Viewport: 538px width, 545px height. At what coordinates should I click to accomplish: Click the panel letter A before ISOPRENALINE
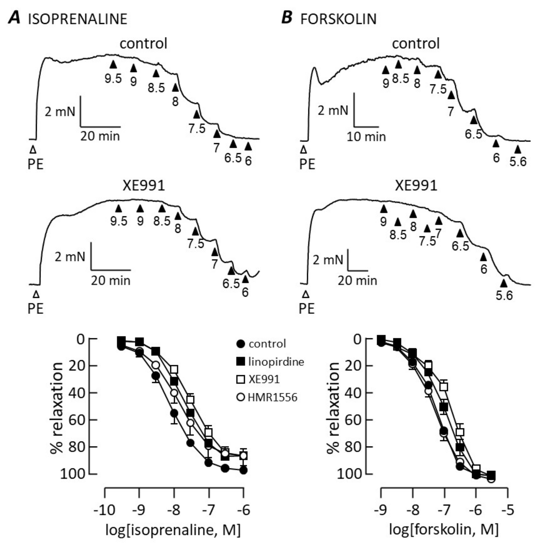[14, 19]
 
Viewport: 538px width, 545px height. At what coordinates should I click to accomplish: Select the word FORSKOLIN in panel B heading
[338, 19]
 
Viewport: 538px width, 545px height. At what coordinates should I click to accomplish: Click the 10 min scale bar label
[366, 137]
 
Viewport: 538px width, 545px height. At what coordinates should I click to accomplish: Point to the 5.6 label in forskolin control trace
[518, 162]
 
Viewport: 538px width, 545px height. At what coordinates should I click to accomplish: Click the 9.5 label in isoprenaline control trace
[113, 79]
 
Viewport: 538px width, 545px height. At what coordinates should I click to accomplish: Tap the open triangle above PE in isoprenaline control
[33, 150]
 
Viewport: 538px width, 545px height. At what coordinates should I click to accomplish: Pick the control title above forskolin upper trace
[416, 43]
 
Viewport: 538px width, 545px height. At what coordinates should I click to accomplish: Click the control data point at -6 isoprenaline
[243, 470]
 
